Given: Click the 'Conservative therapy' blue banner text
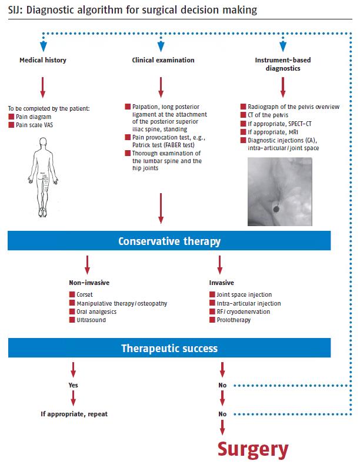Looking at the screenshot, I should [169, 242].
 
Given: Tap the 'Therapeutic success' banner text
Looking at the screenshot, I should [169, 348].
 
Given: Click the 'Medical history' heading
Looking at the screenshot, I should [42, 60].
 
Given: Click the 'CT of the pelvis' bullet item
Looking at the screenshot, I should [272, 115].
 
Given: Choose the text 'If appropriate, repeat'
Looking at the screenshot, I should [74, 414].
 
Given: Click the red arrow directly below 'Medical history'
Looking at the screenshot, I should [42, 87].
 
